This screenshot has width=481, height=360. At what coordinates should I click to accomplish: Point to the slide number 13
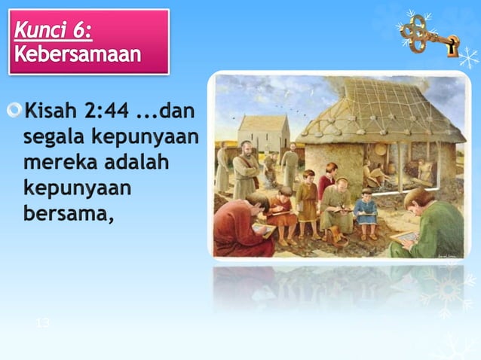43,323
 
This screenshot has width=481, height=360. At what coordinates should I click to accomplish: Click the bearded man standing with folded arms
246,169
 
